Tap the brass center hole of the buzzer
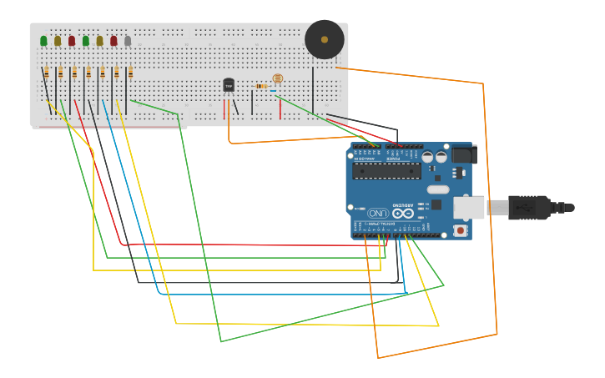(325, 39)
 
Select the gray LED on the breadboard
(128, 41)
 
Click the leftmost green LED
(43, 41)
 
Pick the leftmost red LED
(72, 41)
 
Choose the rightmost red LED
(113, 41)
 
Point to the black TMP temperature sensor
(229, 85)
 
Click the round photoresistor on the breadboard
(278, 79)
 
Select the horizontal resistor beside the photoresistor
(261, 86)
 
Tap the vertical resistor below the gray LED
(130, 73)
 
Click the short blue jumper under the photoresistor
(273, 91)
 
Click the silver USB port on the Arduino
(468, 207)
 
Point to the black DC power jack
(464, 154)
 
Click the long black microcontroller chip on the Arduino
(386, 171)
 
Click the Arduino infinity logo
(403, 213)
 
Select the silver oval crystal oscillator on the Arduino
(438, 189)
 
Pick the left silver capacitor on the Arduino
(427, 156)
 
